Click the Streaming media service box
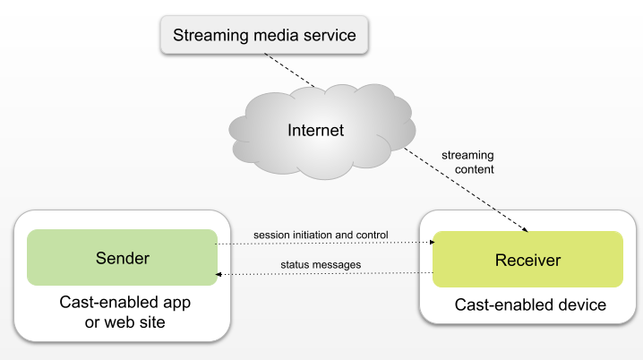264,37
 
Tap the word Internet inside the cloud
315,131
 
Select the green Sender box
122,259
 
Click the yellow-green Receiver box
527,260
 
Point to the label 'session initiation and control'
321,235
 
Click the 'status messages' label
321,265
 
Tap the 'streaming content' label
467,162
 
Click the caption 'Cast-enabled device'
530,305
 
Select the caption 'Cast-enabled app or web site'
124,311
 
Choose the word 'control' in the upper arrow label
370,235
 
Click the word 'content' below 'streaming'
467,168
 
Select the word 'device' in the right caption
582,305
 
